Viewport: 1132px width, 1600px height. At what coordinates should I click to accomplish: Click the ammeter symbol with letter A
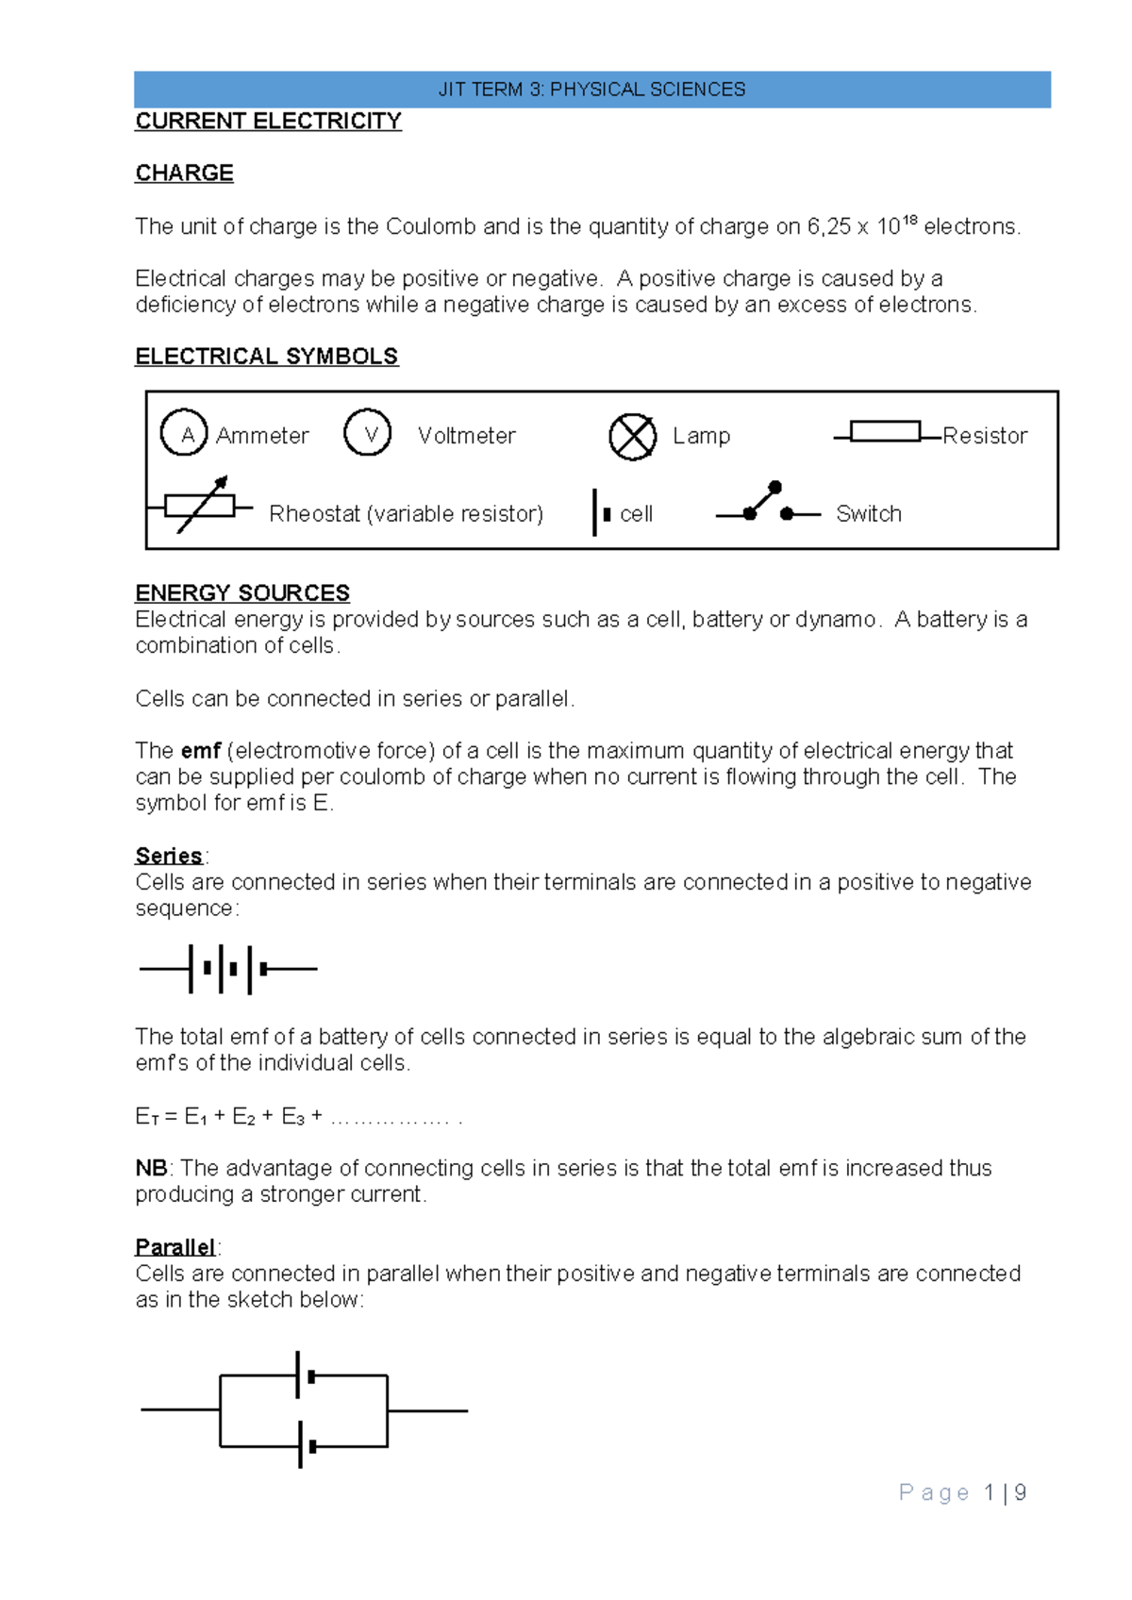(184, 433)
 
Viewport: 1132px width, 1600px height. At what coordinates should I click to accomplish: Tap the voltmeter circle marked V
(368, 433)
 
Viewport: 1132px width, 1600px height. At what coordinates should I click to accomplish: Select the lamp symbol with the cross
(632, 437)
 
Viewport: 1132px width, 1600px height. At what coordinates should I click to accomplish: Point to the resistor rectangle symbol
(885, 432)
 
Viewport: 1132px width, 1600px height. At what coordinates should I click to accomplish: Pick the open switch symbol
(767, 505)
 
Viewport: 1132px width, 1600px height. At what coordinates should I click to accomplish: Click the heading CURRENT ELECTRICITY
(268, 122)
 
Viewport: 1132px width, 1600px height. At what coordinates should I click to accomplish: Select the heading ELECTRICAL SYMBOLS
(266, 357)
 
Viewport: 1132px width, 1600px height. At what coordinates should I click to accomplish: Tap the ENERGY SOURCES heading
(242, 593)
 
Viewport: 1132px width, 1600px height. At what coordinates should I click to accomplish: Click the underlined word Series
(169, 856)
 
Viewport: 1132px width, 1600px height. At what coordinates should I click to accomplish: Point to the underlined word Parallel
(175, 1247)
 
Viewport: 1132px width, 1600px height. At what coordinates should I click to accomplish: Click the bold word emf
(201, 751)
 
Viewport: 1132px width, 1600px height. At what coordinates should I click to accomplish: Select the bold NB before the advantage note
(151, 1168)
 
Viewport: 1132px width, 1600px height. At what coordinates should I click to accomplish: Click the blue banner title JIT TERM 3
(591, 90)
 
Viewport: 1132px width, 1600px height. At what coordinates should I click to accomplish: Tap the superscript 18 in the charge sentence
(909, 221)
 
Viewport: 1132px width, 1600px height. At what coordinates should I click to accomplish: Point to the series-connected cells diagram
(228, 969)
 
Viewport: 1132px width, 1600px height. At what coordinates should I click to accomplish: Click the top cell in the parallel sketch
(304, 1375)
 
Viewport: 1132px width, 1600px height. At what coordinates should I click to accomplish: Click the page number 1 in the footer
(989, 1492)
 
